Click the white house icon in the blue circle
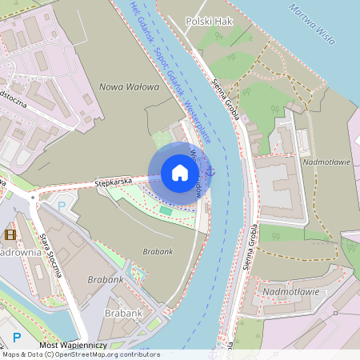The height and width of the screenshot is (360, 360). coord(180,172)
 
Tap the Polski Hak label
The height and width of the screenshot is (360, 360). coord(208,22)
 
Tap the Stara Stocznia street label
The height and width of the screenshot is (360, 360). coord(50,254)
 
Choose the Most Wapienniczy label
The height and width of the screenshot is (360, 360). coord(74,344)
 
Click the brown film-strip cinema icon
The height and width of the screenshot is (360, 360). coord(10,234)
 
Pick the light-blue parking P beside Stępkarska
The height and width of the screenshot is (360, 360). coord(62,206)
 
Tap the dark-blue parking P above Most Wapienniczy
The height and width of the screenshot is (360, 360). coord(17,337)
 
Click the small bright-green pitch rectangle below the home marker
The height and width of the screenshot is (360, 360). coord(166,210)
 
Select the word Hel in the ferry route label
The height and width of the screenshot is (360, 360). coord(134,10)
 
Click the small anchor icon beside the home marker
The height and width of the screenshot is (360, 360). coord(211,170)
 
